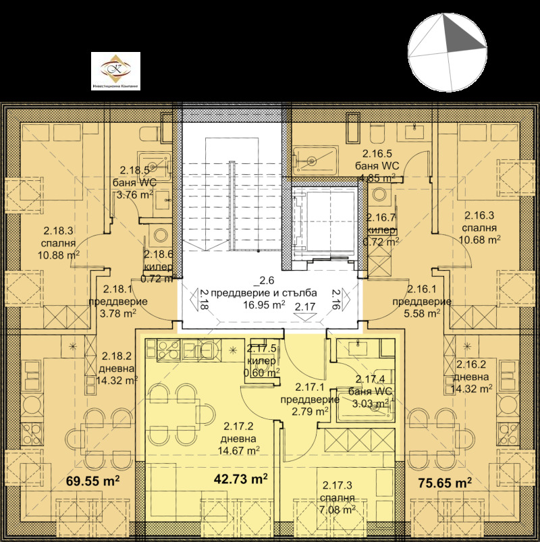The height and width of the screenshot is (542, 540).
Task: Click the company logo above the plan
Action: pos(115,71)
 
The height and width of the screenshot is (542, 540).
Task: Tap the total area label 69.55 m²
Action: pos(93,482)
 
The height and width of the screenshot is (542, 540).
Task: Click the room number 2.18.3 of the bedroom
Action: pos(59,230)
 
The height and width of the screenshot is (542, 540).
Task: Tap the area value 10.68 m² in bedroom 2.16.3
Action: pos(479,239)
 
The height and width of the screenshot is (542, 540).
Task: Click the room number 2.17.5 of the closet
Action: pos(262,348)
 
